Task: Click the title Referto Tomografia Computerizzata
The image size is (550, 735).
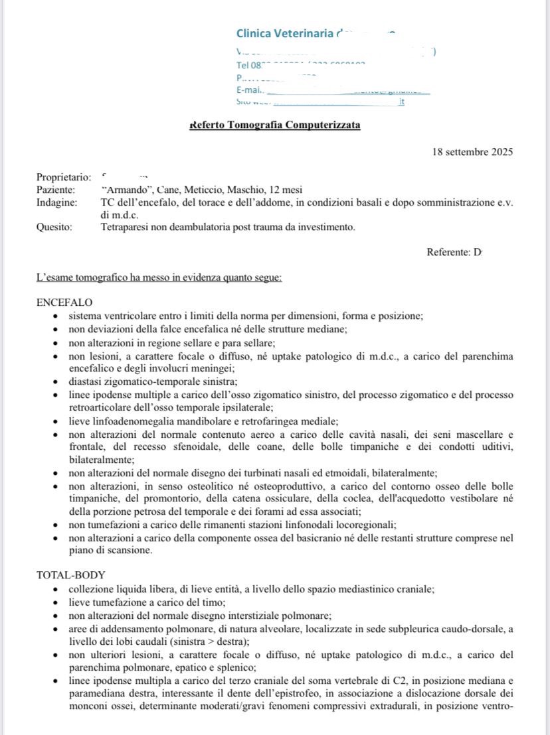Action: point(275,125)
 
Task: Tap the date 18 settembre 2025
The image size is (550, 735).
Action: point(472,152)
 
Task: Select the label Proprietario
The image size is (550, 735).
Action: point(63,177)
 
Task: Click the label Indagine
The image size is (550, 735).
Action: point(56,202)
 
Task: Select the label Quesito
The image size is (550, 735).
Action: point(55,228)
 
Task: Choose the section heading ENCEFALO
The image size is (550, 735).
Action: point(64,302)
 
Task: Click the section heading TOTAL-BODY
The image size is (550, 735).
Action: point(70,575)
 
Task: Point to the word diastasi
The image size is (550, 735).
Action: point(86,381)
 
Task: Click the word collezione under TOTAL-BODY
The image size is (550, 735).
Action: point(92,589)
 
